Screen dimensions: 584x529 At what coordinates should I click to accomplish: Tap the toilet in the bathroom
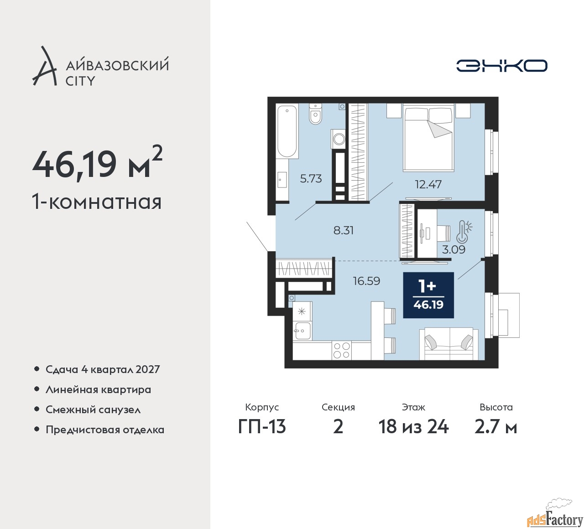click(315, 114)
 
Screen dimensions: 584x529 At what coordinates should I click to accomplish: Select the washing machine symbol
click(338, 139)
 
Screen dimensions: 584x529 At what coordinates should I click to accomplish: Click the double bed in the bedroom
click(428, 137)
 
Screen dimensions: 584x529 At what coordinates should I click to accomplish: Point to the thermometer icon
click(463, 232)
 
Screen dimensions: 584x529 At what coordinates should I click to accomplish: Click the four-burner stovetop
click(341, 350)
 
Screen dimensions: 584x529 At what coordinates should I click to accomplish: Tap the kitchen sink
click(302, 331)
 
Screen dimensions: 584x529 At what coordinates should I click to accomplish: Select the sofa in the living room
click(448, 343)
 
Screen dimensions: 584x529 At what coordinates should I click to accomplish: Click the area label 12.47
click(428, 184)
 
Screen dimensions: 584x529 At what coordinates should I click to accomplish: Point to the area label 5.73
click(311, 178)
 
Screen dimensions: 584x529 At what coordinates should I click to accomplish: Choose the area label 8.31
click(344, 230)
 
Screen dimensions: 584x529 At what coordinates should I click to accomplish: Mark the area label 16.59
click(366, 281)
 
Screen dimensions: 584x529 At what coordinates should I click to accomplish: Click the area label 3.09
click(454, 249)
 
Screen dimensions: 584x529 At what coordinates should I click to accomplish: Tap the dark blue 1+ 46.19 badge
click(428, 295)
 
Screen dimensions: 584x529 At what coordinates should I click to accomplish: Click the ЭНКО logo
click(501, 66)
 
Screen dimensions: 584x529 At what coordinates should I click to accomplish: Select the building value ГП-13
click(262, 427)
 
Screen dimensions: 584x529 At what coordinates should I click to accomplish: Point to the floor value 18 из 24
click(413, 427)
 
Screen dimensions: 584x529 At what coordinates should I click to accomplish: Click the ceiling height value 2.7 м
click(495, 427)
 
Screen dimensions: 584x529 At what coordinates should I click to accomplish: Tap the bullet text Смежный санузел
click(93, 410)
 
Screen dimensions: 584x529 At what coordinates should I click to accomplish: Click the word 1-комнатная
click(97, 202)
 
